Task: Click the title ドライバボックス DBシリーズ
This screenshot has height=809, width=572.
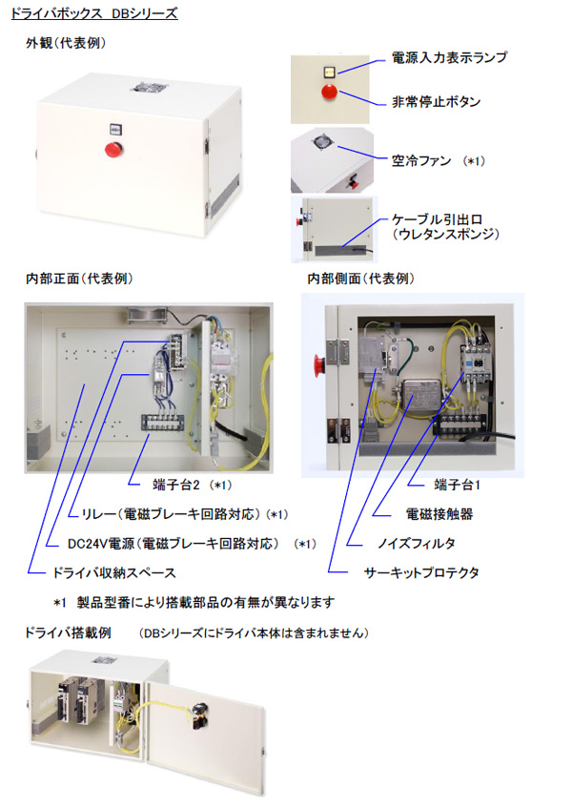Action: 94,13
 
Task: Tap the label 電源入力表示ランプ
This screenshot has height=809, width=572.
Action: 449,57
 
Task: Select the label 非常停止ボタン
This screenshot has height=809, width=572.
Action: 436,102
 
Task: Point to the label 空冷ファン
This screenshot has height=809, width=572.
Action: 420,161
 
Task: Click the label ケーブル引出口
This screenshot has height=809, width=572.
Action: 437,219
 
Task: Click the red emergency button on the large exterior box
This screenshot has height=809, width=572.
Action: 112,149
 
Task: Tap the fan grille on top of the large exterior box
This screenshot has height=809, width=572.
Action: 150,87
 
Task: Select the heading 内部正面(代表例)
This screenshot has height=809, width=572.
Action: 79,279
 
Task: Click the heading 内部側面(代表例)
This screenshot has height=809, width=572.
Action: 361,279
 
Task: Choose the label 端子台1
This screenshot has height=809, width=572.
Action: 457,485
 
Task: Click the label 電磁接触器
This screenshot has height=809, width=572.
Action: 439,514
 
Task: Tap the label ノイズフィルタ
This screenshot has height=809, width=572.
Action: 417,543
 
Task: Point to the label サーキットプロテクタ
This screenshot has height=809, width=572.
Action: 421,572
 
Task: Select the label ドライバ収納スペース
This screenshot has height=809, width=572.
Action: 114,572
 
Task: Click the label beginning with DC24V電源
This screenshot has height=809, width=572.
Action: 174,544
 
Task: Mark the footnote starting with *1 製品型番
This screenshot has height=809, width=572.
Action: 194,602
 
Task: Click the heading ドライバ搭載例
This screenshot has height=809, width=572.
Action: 68,633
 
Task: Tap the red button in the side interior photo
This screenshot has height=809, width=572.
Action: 319,364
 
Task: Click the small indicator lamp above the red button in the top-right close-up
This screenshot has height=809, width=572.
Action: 329,72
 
